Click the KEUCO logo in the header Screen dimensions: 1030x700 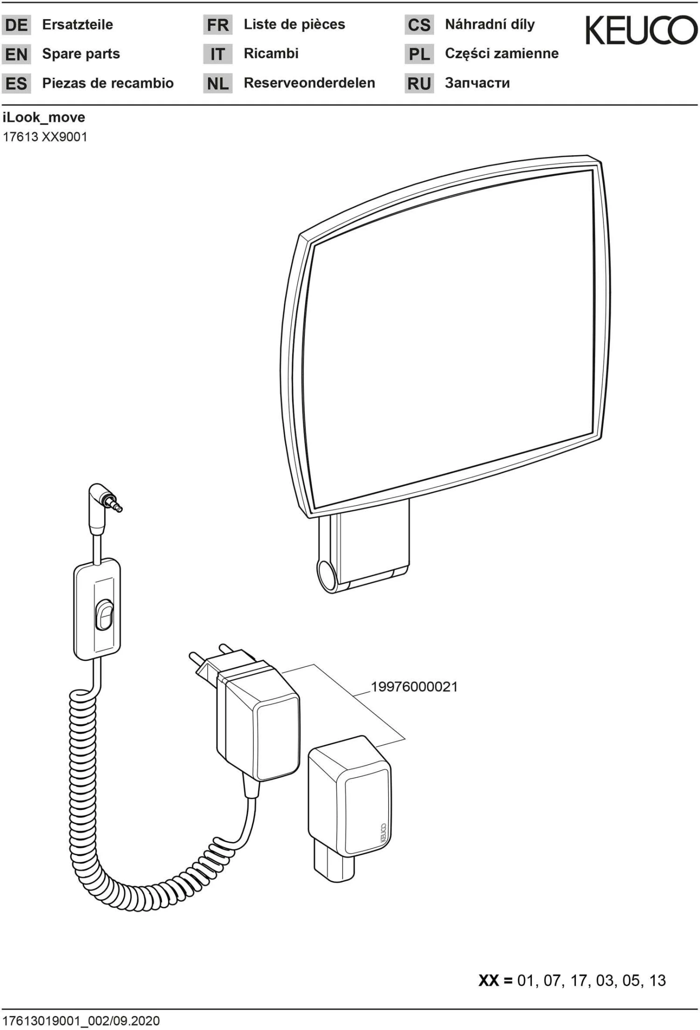(641, 30)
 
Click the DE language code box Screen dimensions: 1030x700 (16, 25)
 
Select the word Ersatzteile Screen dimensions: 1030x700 (77, 25)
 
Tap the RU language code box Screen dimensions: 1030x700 (419, 84)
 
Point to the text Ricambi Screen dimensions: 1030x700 (271, 54)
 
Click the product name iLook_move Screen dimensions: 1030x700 (44, 118)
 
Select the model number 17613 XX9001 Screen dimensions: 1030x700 (45, 137)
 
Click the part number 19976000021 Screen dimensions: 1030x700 (414, 687)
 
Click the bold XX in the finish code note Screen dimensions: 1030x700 (489, 981)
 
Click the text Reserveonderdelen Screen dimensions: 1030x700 (309, 83)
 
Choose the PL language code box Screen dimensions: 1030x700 (419, 55)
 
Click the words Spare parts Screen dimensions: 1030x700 (81, 54)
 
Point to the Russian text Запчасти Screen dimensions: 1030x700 (477, 83)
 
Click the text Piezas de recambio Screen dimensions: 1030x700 (108, 83)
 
